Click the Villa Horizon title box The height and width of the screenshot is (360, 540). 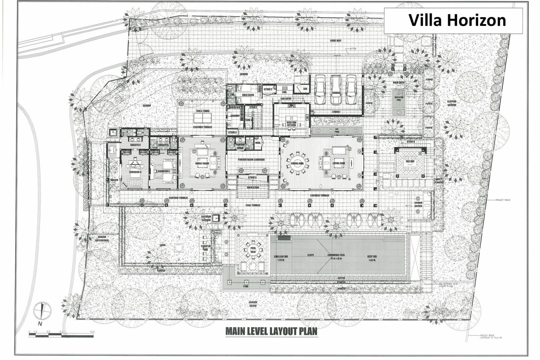(x=457, y=20)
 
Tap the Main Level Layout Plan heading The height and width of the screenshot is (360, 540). (x=271, y=331)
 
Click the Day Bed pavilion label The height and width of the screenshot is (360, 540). (x=409, y=162)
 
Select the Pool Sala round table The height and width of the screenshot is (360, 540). (x=250, y=249)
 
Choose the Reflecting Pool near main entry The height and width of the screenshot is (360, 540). (x=397, y=102)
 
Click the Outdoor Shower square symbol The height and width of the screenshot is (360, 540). (x=216, y=219)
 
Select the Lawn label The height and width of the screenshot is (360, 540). (x=163, y=245)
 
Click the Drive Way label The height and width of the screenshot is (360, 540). (x=336, y=40)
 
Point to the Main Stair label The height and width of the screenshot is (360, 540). (x=252, y=187)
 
